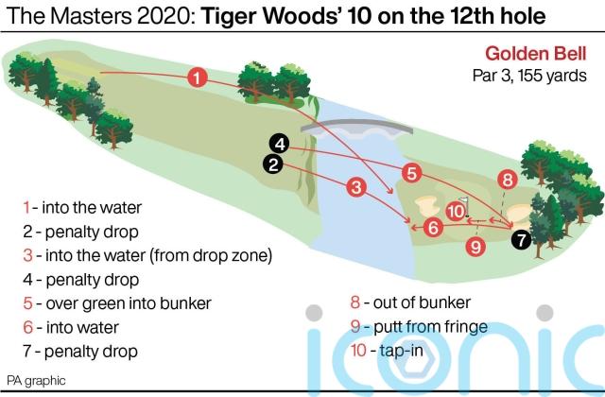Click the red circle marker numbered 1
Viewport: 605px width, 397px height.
pos(198,78)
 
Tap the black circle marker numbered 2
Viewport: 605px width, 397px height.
pos(273,164)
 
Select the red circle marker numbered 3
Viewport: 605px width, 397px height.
pos(355,187)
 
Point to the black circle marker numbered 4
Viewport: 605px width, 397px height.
pos(280,144)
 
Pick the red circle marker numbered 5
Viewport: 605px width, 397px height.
pos(411,173)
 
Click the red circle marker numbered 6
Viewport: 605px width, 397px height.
pos(433,227)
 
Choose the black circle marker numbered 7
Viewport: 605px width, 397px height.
pos(521,239)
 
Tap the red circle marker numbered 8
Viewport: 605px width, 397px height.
pos(507,180)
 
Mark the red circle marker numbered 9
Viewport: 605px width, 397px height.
pos(475,246)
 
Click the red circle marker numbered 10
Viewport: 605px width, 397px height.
pos(456,211)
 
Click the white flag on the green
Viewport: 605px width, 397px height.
pos(465,201)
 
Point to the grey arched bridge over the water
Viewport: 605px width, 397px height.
pos(357,127)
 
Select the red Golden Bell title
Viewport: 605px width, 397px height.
pos(536,53)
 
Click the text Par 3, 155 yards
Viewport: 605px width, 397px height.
pos(529,76)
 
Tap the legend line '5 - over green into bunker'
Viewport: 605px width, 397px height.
pos(117,303)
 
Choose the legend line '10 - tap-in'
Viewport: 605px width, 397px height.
pos(387,351)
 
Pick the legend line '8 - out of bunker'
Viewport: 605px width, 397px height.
pos(410,302)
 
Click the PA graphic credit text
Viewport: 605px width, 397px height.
pos(36,381)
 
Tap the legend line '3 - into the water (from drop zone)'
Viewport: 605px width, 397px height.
pos(147,255)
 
